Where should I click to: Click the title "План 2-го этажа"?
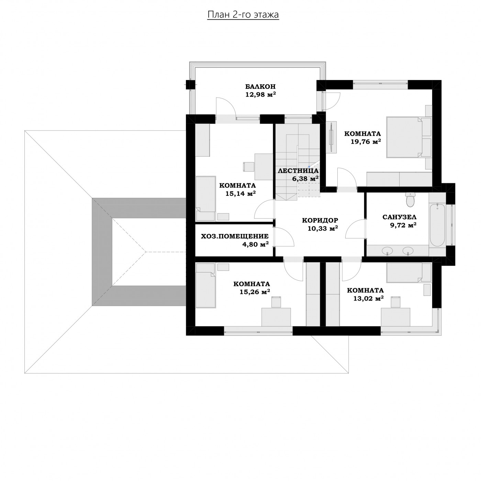[x=243, y=15]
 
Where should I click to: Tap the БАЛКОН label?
[x=260, y=86]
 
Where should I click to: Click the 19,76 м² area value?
[x=366, y=142]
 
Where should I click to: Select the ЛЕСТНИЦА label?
[x=298, y=171]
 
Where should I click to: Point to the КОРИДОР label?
[x=320, y=220]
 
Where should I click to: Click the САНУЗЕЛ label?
[x=399, y=217]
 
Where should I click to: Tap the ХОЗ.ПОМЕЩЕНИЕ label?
[x=235, y=236]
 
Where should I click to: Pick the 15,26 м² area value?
[x=255, y=292]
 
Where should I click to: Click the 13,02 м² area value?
[x=368, y=298]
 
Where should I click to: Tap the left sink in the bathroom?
[x=387, y=250]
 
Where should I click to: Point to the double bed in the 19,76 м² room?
[x=404, y=137]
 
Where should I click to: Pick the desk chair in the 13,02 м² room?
[x=396, y=302]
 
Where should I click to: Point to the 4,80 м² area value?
[x=255, y=244]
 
